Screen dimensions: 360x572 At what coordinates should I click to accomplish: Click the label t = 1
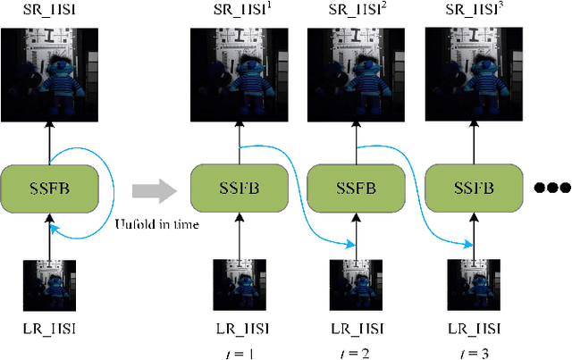[238, 352]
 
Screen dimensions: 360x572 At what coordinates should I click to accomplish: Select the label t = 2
[353, 352]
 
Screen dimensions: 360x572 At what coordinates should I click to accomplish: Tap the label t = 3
[470, 352]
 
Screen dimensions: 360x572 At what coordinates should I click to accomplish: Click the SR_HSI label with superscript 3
[472, 12]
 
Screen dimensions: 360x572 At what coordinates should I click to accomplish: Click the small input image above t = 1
[238, 284]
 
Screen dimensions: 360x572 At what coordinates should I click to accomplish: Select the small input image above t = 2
[353, 284]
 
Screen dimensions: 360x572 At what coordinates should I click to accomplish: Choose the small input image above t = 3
[470, 284]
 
